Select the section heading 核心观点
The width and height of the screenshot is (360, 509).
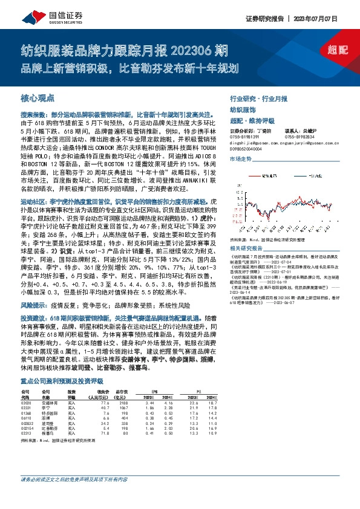(x=38, y=97)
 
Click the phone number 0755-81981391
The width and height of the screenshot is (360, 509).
(x=243, y=137)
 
